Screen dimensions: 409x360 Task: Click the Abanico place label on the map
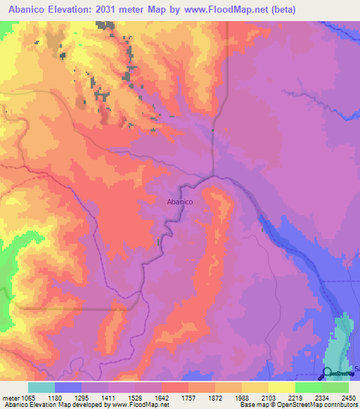tap(180, 202)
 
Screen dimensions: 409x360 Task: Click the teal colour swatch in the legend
tap(41, 387)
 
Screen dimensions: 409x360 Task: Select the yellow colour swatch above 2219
tap(282, 387)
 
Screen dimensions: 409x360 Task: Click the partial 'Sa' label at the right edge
tap(356, 368)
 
